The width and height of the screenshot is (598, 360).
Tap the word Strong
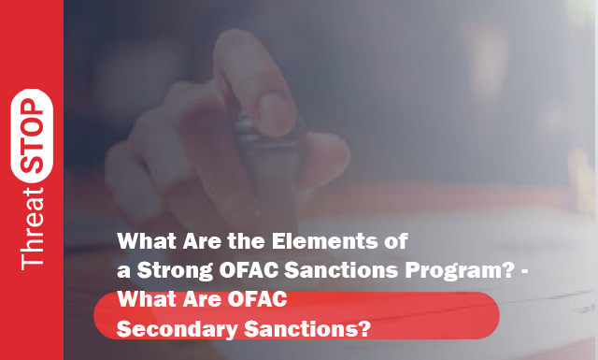click(175, 270)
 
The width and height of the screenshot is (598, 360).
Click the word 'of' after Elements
click(395, 240)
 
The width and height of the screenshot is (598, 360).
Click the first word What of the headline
click(146, 240)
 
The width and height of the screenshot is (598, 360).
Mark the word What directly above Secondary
click(146, 301)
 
